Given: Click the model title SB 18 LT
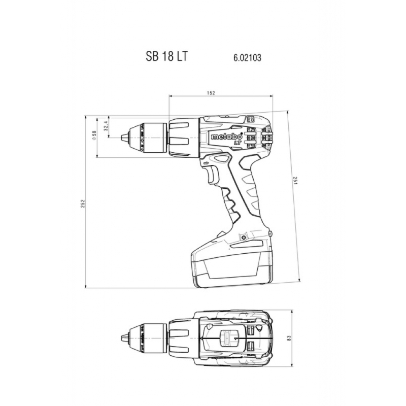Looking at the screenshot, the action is click(x=166, y=56).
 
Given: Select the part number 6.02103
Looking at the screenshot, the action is click(x=247, y=57).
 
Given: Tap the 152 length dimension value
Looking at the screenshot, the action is click(x=211, y=93).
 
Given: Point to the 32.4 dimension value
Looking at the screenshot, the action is click(x=106, y=126).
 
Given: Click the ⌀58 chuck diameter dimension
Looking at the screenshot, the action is click(x=94, y=136).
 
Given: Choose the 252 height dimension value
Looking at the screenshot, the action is click(x=83, y=204).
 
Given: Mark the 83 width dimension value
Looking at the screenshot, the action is click(x=289, y=337).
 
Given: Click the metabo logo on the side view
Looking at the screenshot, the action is click(x=226, y=137).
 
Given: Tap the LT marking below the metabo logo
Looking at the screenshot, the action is click(x=236, y=143).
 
